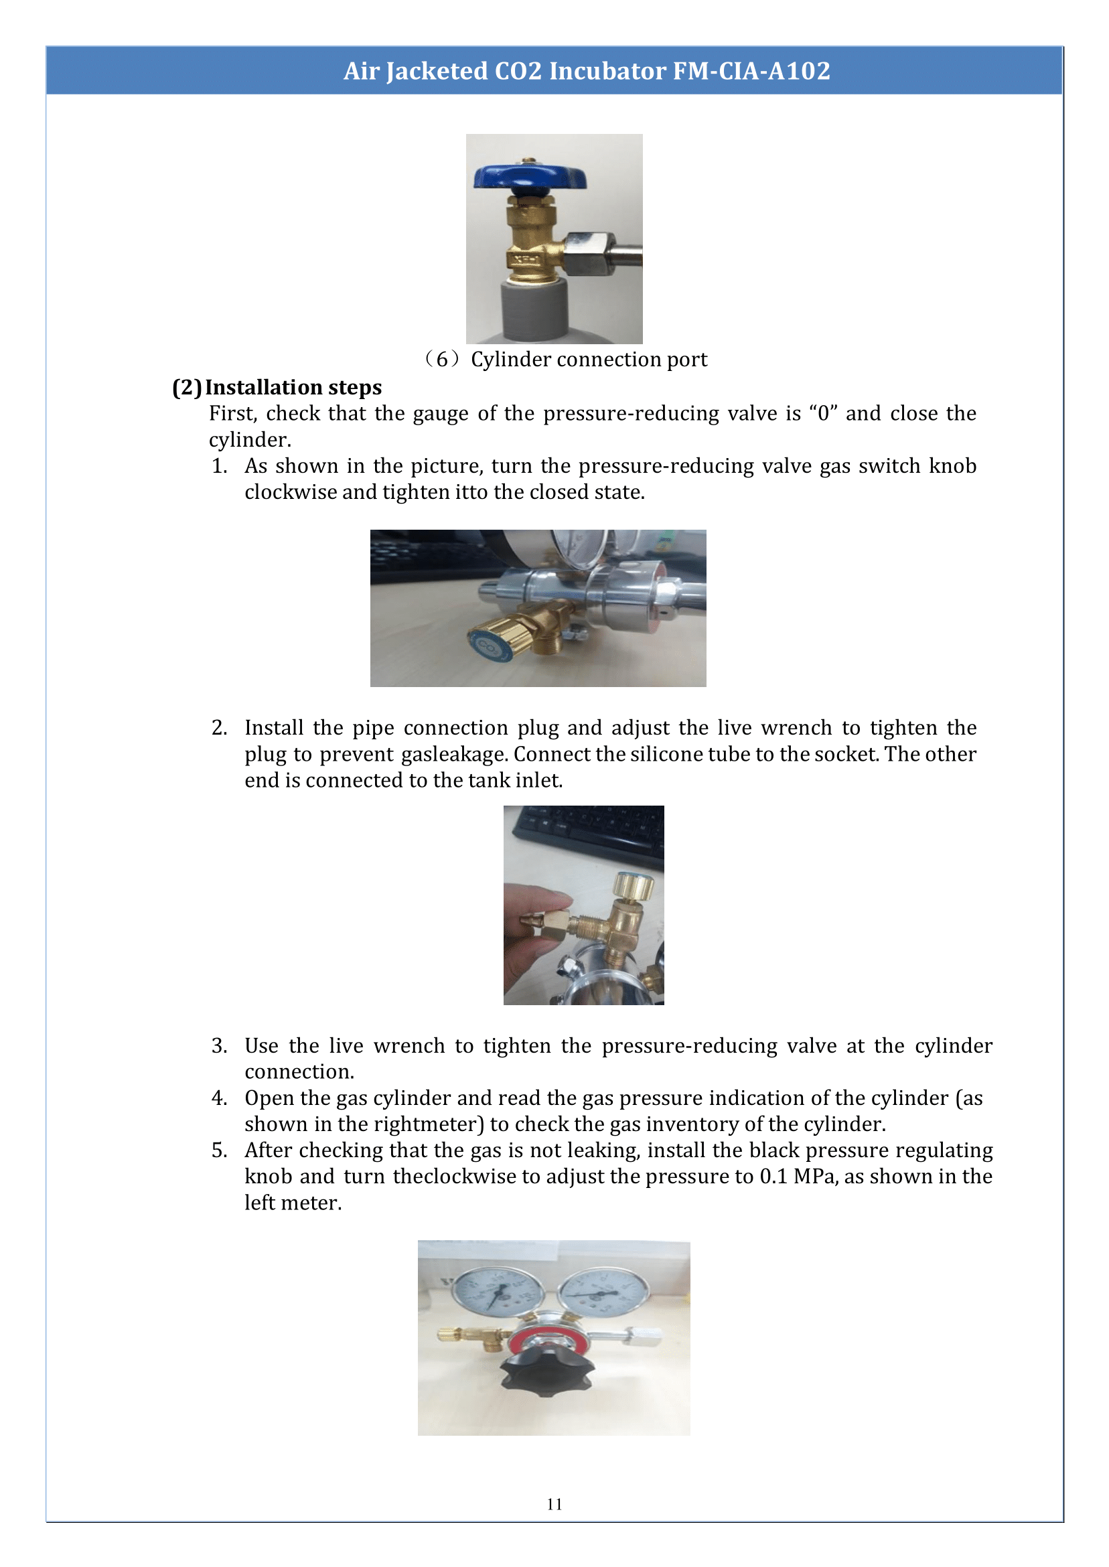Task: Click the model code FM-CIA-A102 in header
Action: tap(751, 71)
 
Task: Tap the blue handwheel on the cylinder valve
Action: tap(530, 177)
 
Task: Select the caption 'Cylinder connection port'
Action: tap(589, 359)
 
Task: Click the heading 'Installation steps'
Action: tap(293, 387)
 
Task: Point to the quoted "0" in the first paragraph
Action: tap(823, 413)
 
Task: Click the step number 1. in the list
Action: tap(219, 465)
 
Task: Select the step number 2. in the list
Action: tap(219, 728)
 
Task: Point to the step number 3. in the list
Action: tap(219, 1046)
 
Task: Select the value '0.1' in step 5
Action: tap(773, 1177)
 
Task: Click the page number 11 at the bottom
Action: tap(554, 1504)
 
